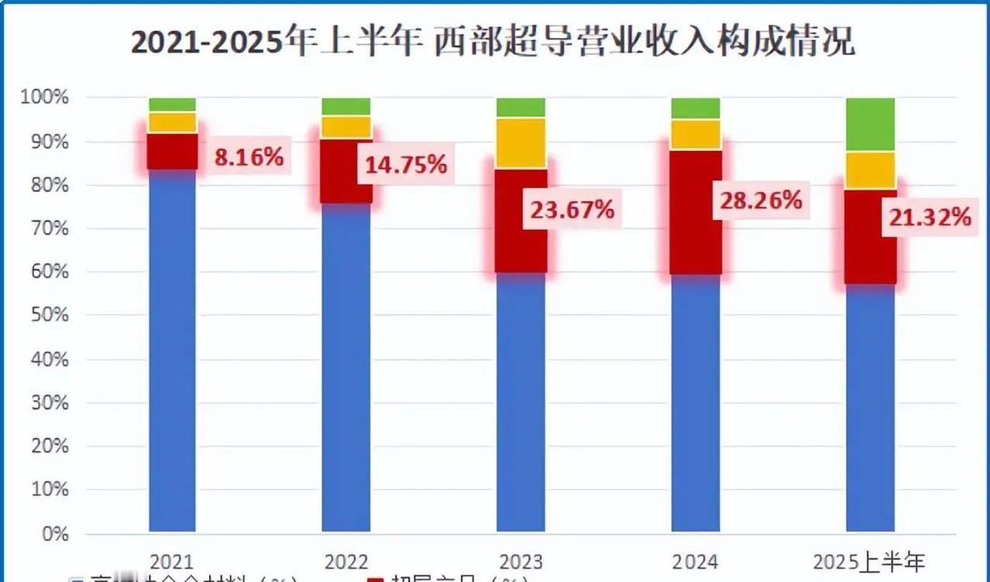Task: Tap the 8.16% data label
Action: point(249,158)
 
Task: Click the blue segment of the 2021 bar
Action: point(172,348)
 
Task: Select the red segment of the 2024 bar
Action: point(696,212)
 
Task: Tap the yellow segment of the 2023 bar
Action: point(521,142)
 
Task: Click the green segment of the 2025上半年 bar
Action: point(871,124)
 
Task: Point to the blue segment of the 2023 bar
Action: point(521,402)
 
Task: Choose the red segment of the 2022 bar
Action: point(346,171)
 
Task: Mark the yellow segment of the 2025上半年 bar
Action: point(871,170)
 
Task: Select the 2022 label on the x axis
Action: point(346,561)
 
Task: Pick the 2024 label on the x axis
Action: point(696,561)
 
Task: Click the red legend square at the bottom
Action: point(375,579)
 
